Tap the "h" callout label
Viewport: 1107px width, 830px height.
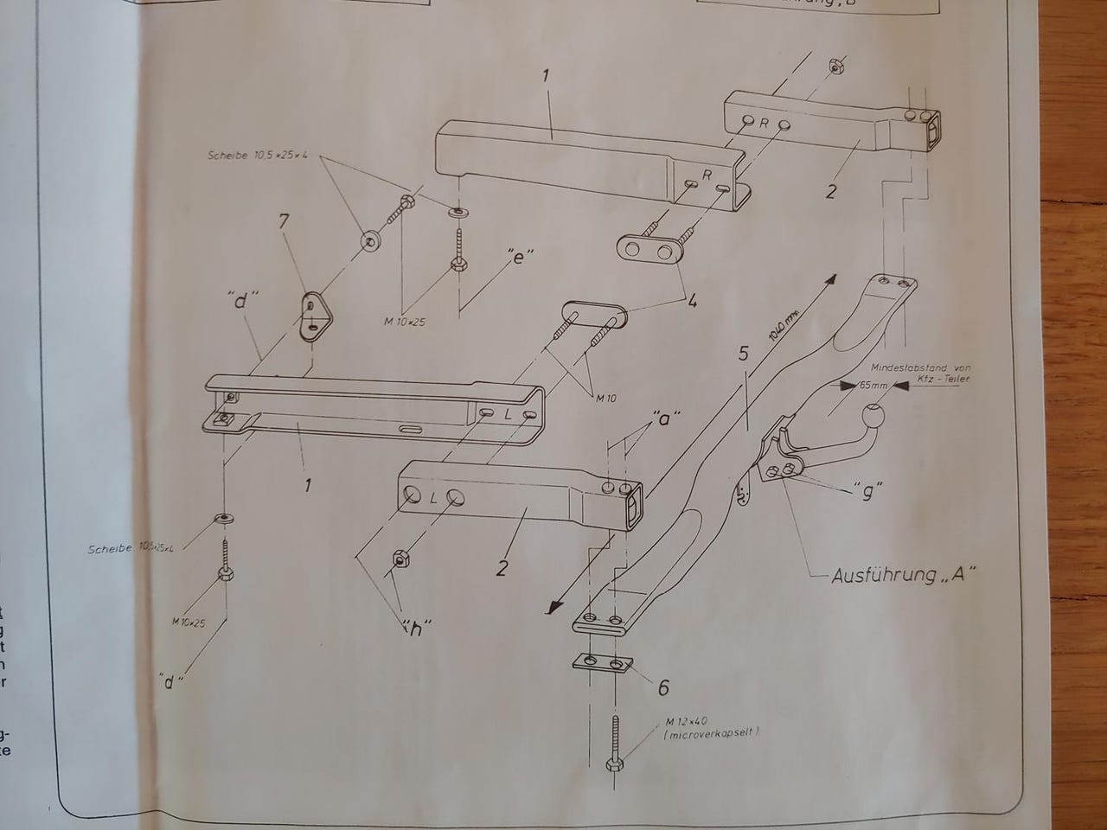(417, 629)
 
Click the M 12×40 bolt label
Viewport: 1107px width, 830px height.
(688, 721)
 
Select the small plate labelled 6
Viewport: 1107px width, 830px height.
(604, 662)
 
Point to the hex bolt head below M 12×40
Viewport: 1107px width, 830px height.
(613, 765)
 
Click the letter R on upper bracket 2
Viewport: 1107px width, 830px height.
(764, 123)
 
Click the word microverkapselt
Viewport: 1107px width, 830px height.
(713, 734)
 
